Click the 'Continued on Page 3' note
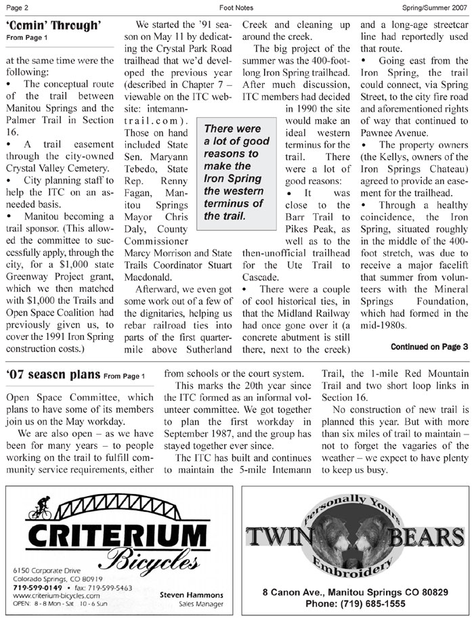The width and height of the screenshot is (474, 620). click(x=429, y=347)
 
